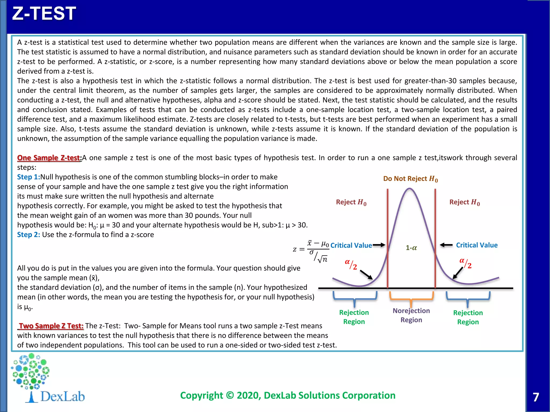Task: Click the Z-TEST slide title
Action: pyautogui.click(x=44, y=13)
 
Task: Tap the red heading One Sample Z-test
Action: pyautogui.click(x=49, y=158)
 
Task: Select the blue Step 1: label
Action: pyautogui.click(x=28, y=177)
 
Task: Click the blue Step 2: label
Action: pyautogui.click(x=28, y=235)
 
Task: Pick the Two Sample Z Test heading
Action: pyautogui.click(x=51, y=326)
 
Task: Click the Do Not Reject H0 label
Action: pyautogui.click(x=410, y=179)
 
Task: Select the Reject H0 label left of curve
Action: pyautogui.click(x=351, y=202)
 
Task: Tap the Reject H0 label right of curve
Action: pyautogui.click(x=464, y=202)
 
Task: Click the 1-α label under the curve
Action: pyautogui.click(x=411, y=248)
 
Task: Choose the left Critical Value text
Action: pyautogui.click(x=351, y=245)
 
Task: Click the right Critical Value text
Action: pyautogui.click(x=477, y=245)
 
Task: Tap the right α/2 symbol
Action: pyautogui.click(x=465, y=263)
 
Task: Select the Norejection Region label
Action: pyautogui.click(x=411, y=315)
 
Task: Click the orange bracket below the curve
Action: pyautogui.click(x=411, y=298)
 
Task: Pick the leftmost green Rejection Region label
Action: pyautogui.click(x=354, y=317)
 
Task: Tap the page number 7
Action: pyautogui.click(x=536, y=397)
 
